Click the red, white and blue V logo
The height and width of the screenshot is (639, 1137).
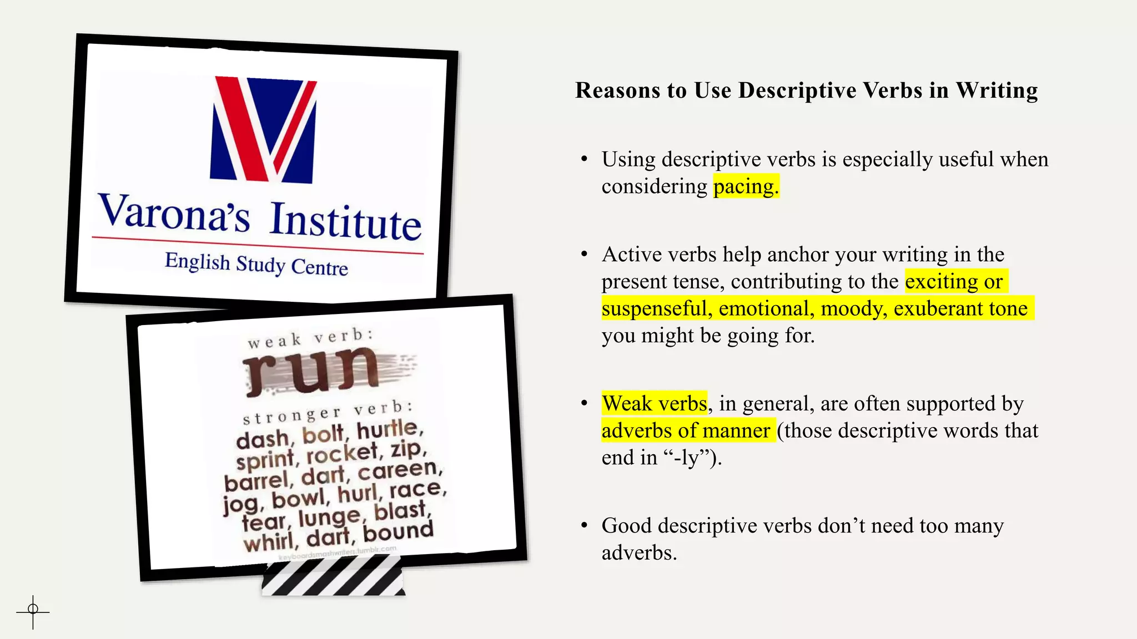(x=263, y=130)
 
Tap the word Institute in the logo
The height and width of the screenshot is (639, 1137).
(x=345, y=222)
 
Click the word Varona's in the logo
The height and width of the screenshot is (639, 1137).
(x=174, y=213)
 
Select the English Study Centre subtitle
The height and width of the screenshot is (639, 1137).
(x=256, y=264)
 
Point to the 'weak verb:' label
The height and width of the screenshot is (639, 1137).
(x=310, y=338)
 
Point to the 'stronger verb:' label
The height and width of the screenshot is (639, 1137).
(x=328, y=412)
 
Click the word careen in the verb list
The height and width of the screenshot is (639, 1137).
(x=398, y=471)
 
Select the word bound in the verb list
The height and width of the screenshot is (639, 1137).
(x=398, y=531)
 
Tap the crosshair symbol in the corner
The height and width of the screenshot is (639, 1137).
(x=33, y=611)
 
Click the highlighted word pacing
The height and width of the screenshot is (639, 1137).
(x=746, y=186)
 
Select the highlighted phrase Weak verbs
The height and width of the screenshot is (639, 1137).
(x=655, y=403)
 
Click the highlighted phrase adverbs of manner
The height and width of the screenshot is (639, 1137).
(x=686, y=430)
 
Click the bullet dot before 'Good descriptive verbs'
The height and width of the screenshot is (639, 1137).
(x=584, y=525)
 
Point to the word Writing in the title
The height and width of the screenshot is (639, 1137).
(x=997, y=90)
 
